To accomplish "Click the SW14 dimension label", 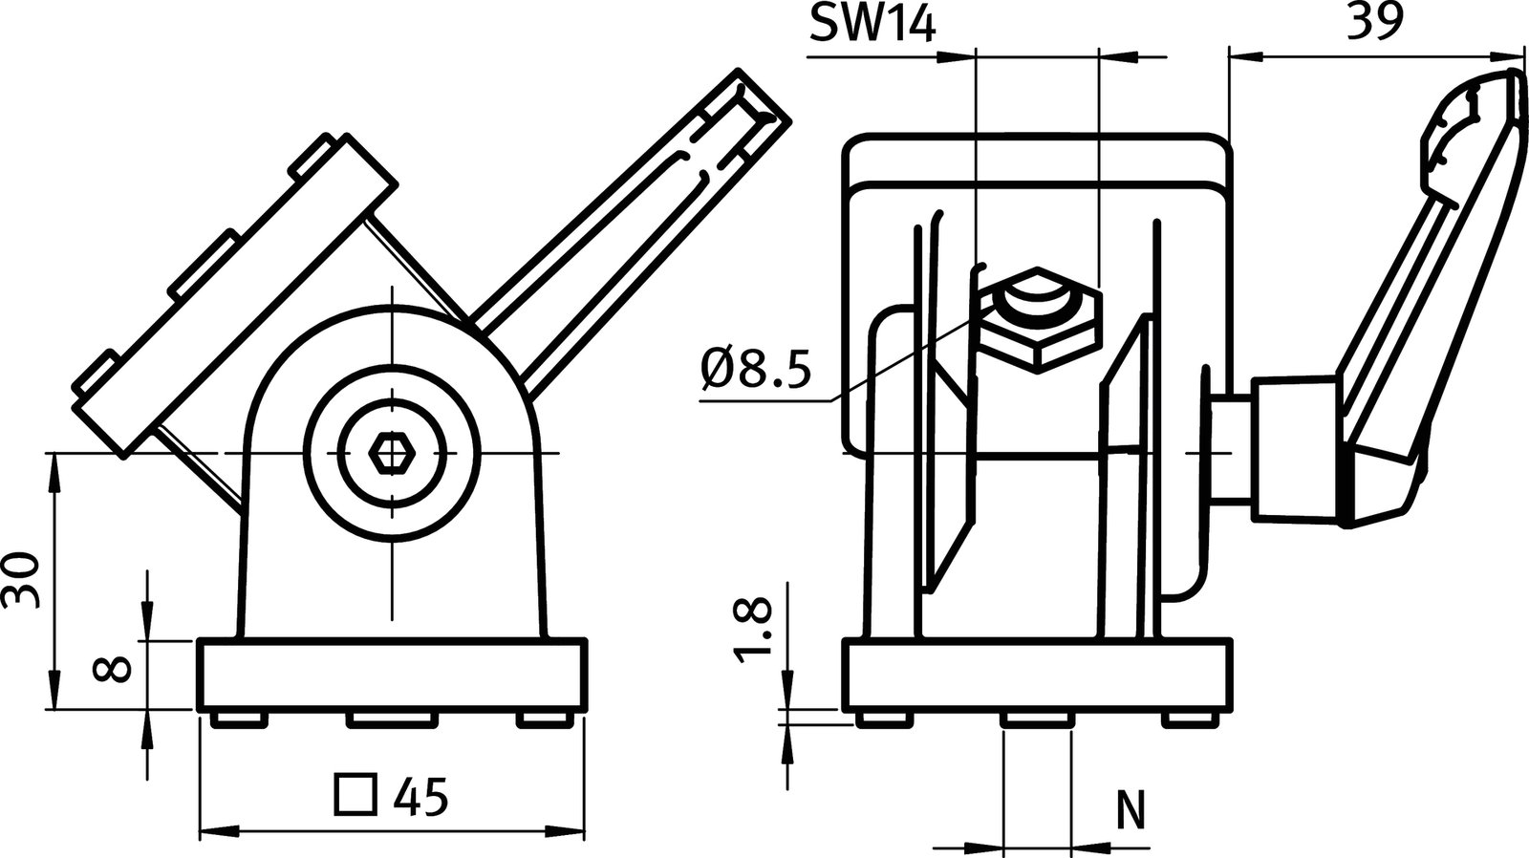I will click(872, 24).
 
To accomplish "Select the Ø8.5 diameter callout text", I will click(754, 368).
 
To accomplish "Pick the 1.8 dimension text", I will click(753, 631).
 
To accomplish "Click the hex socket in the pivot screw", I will click(391, 453).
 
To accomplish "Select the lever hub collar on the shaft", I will click(1295, 449).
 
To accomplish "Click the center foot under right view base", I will click(1038, 719).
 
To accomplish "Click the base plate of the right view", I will click(1038, 676).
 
